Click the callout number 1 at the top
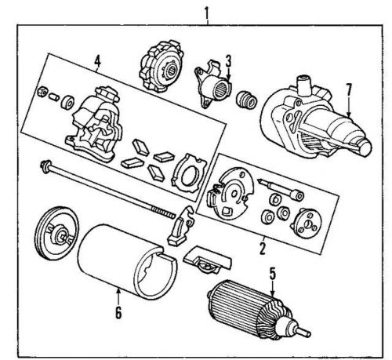tap(206, 10)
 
